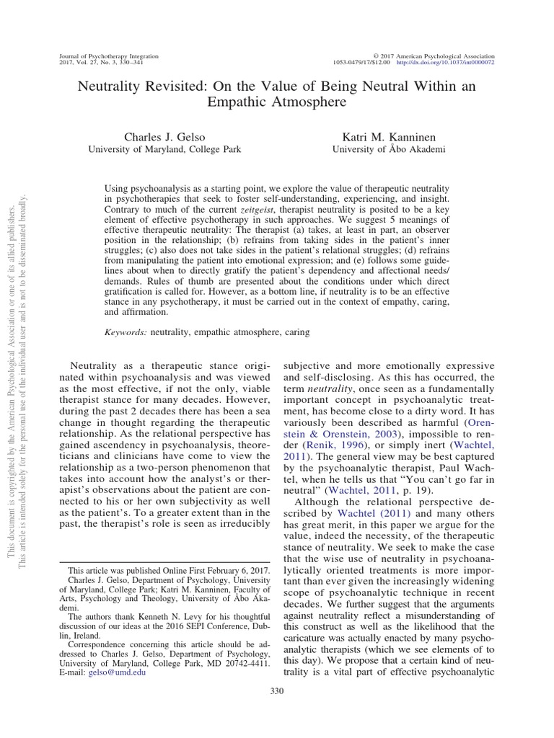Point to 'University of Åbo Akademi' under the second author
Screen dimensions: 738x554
388,149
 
